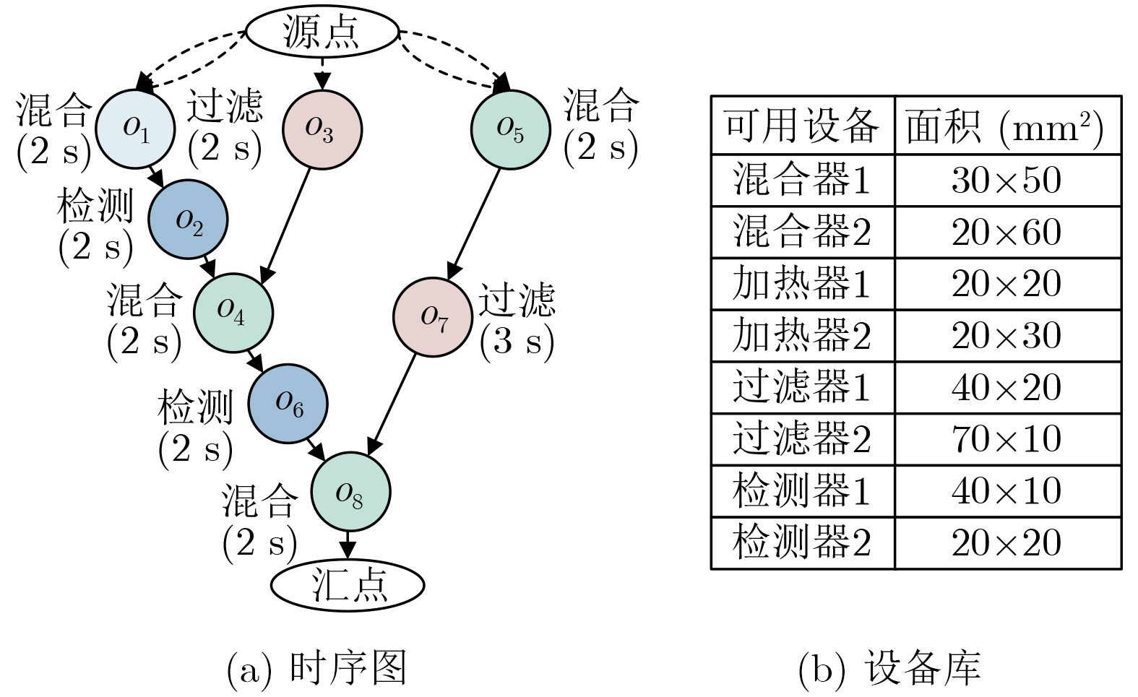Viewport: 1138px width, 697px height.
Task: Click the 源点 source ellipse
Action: [322, 33]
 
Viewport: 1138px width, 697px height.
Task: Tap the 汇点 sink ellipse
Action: [348, 585]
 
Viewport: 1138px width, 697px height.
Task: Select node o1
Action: [135, 129]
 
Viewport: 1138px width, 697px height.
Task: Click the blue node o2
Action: [188, 220]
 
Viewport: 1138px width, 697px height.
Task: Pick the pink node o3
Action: [321, 130]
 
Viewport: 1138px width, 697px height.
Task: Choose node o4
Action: [233, 312]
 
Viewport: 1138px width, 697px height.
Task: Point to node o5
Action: [510, 130]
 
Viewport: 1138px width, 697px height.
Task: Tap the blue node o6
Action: [288, 404]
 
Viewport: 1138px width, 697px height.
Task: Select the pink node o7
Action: [433, 317]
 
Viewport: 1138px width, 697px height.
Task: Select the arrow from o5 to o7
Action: [475, 224]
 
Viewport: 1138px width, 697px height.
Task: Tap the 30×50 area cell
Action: [1006, 181]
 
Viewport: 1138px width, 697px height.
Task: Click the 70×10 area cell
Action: [1006, 439]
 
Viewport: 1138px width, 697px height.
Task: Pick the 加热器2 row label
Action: [802, 336]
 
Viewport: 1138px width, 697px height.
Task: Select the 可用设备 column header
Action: [802, 126]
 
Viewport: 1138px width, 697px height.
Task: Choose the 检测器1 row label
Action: [802, 491]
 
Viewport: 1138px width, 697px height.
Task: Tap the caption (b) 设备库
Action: [889, 669]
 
